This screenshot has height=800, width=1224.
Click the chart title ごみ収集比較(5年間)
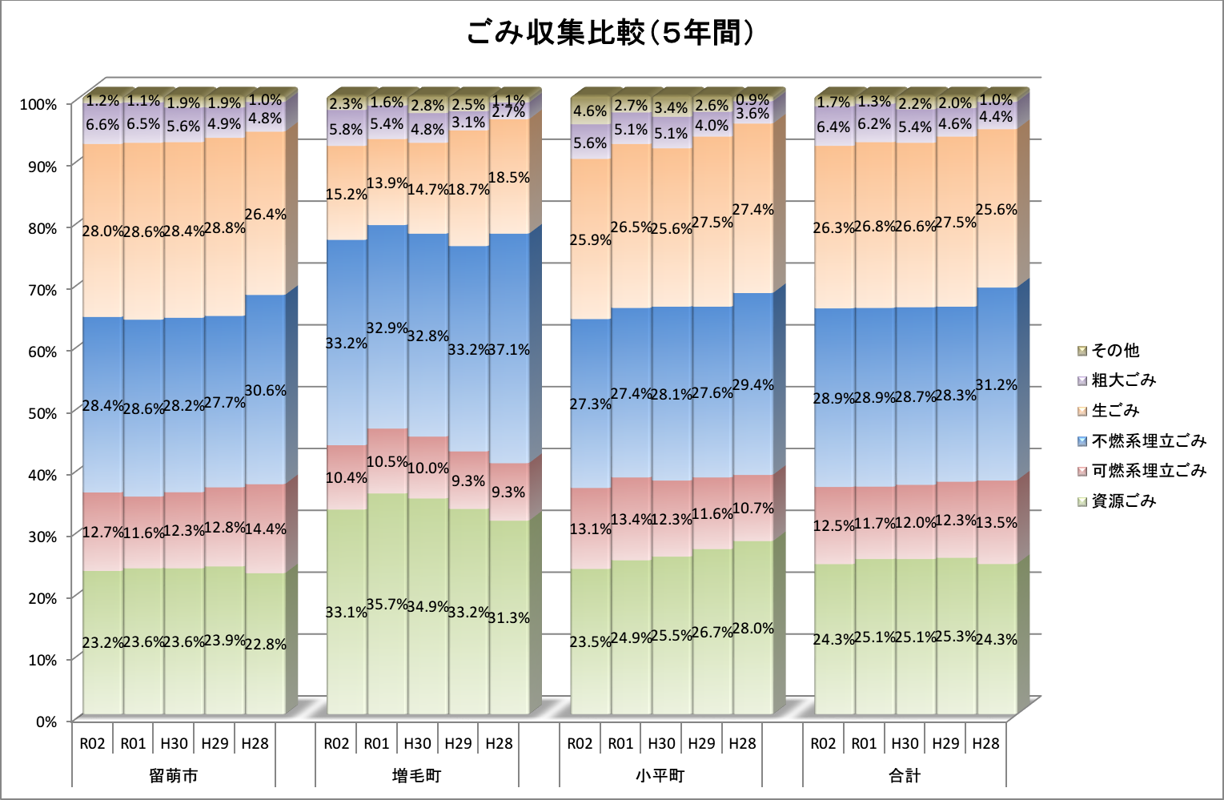pyautogui.click(x=610, y=34)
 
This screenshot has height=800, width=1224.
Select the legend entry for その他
pyautogui.click(x=1115, y=351)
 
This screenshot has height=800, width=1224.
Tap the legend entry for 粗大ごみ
pyautogui.click(x=1123, y=380)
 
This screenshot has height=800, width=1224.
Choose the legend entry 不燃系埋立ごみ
pyautogui.click(x=1148, y=441)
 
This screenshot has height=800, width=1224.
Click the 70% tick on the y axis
pyautogui.click(x=38, y=290)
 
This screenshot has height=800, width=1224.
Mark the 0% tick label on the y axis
pyautogui.click(x=46, y=722)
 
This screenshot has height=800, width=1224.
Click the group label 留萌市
pyautogui.click(x=174, y=775)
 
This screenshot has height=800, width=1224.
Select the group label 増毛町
pyautogui.click(x=417, y=775)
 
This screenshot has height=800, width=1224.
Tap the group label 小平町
pyautogui.click(x=660, y=775)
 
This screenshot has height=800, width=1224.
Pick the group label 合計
pyautogui.click(x=905, y=775)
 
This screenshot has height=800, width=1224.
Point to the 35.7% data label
pyautogui.click(x=387, y=605)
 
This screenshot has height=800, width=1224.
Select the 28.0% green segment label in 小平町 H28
pyautogui.click(x=753, y=629)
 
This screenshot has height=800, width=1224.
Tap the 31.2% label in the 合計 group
pyautogui.click(x=997, y=385)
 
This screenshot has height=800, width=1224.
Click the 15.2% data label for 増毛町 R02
pyautogui.click(x=346, y=195)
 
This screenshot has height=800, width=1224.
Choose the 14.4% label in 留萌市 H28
pyautogui.click(x=266, y=529)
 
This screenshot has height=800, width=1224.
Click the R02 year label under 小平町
pyautogui.click(x=580, y=743)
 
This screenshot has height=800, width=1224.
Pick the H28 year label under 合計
pyautogui.click(x=986, y=743)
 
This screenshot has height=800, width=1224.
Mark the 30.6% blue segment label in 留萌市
pyautogui.click(x=266, y=391)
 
